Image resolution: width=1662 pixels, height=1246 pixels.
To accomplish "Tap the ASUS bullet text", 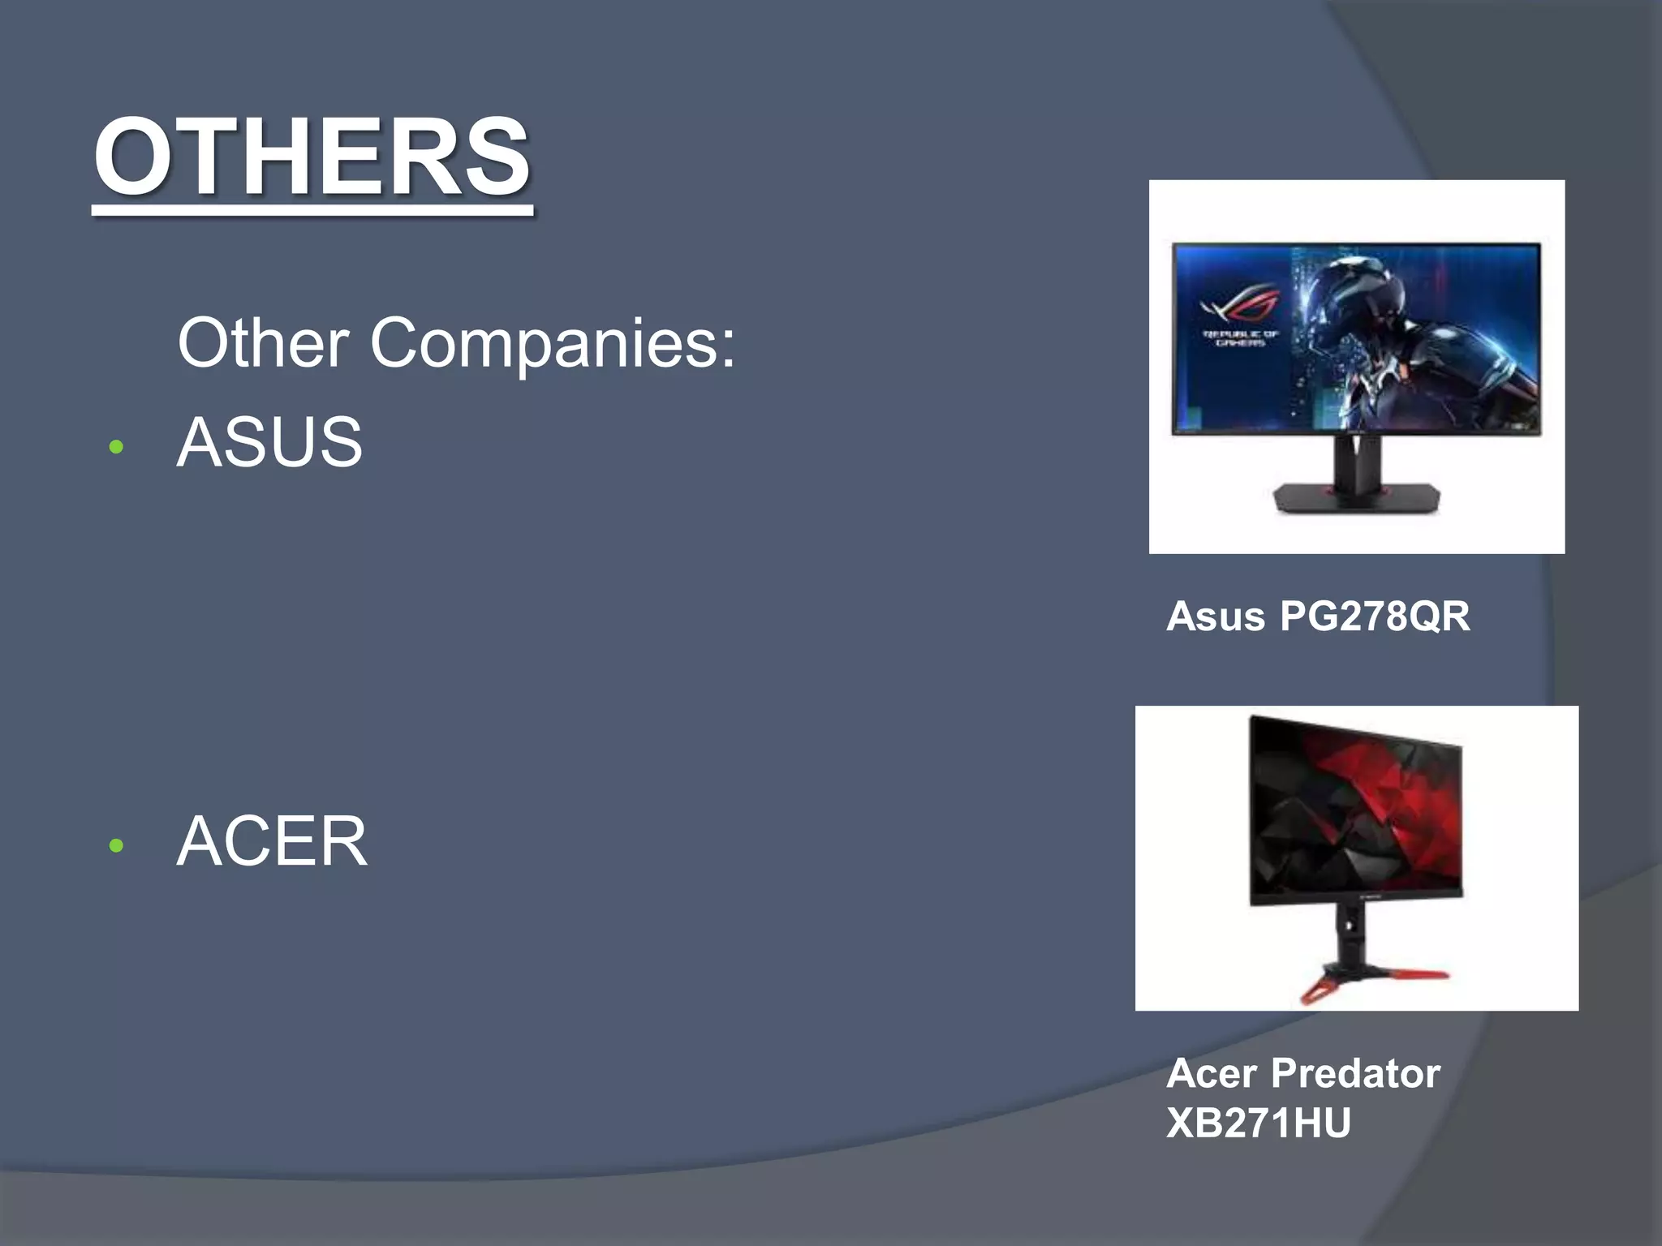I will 269,442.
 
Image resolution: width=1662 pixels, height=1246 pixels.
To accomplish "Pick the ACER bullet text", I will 272,841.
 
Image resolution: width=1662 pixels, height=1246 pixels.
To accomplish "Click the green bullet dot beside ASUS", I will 116,447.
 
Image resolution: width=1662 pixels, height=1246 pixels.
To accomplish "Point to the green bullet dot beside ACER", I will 116,846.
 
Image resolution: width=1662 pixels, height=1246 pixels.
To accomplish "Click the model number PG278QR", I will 1375,617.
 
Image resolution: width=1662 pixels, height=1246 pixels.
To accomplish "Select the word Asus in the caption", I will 1215,617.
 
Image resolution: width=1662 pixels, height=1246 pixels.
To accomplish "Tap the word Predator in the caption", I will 1355,1073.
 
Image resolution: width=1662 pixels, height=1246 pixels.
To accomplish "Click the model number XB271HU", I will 1258,1124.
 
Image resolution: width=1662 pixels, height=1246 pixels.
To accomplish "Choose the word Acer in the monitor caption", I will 1212,1073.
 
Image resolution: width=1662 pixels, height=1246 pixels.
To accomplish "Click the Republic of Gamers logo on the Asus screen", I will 1240,316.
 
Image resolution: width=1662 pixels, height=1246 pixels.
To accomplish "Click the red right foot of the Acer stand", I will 1416,973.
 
